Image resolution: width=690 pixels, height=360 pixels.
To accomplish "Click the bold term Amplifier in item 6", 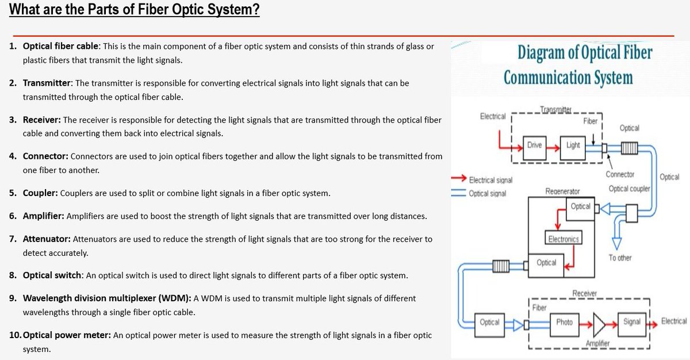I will coord(44,216).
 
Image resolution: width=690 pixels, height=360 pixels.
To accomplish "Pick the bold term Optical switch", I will coord(52,275).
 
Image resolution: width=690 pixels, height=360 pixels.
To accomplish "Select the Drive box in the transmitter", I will coord(534,145).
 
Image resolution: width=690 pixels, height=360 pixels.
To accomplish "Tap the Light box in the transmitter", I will coord(573,145).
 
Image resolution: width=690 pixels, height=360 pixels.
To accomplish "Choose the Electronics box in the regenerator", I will coord(563,239).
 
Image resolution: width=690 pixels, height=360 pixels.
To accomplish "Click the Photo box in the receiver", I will coord(564,322).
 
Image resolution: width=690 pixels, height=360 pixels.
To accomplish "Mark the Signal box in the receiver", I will coord(631,322).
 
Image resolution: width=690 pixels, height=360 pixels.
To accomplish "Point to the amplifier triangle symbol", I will coord(598,323).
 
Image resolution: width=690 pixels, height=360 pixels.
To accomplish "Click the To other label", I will coord(620,258).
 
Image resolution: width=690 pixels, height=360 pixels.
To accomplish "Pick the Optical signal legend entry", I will coord(487,193).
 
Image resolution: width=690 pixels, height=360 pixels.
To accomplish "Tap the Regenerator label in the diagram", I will coord(562,191).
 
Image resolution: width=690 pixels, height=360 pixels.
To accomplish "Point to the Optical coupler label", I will coord(629,189).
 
